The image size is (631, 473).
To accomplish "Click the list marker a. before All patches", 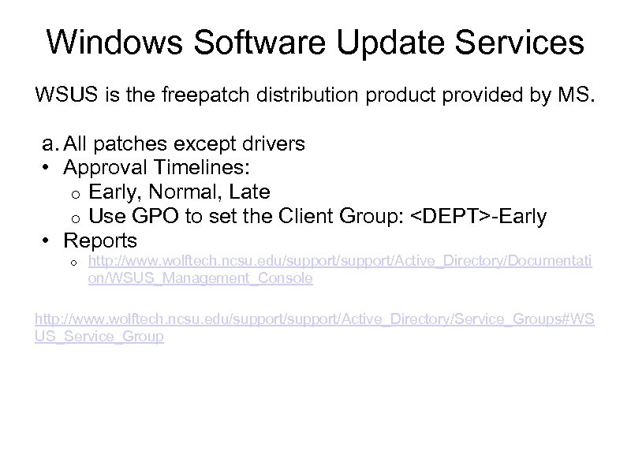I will click(50, 144).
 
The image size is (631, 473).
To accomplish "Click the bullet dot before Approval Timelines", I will click(47, 169).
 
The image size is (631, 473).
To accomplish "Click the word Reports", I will click(100, 240).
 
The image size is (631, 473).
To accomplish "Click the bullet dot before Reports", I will click(47, 240).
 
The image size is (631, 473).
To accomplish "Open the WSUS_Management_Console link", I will click(200, 278).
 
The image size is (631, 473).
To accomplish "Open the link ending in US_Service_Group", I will click(99, 337).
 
